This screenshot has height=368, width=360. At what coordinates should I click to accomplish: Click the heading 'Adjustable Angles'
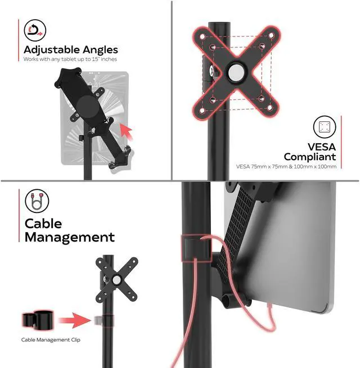(x=70, y=50)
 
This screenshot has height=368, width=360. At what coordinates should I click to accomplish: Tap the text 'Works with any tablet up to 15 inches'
(x=70, y=60)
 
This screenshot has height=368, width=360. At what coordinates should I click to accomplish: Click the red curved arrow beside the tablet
(x=128, y=133)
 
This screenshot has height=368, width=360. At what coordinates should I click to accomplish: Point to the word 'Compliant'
(x=309, y=157)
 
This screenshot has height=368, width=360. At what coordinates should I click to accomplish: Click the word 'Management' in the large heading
(x=69, y=237)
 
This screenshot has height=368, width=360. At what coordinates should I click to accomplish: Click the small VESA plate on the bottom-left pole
(x=117, y=279)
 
